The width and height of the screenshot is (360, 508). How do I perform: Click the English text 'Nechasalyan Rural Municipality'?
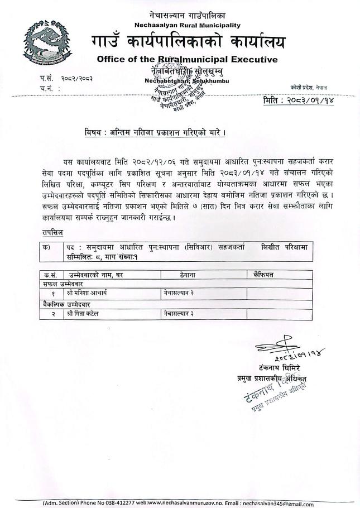click(x=188, y=25)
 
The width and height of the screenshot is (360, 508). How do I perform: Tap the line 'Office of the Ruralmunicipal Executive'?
click(x=187, y=59)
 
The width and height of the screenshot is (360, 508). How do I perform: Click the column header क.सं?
click(x=50, y=275)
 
